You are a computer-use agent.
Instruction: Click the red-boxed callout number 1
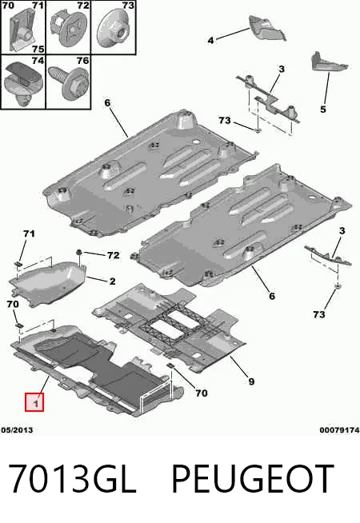point(34,402)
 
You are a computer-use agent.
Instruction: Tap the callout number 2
point(113,281)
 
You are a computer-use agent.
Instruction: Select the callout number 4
point(210,40)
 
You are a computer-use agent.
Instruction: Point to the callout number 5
point(322,109)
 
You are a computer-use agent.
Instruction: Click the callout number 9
point(251,381)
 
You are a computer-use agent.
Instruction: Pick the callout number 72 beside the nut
point(114,255)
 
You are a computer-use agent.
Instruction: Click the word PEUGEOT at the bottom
point(253,479)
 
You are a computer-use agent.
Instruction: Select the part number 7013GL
point(72,479)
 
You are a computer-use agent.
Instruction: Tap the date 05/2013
point(17,430)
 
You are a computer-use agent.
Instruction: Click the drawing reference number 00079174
point(339,430)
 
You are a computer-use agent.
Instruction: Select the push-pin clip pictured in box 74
point(22,82)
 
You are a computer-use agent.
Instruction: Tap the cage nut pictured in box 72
point(69,29)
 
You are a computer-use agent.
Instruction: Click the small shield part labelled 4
point(267,28)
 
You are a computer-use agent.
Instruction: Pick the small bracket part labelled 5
point(328,62)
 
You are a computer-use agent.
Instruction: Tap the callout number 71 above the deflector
point(29,234)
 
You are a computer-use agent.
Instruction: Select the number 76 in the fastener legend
point(82,61)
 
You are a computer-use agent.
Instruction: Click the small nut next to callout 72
point(80,252)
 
